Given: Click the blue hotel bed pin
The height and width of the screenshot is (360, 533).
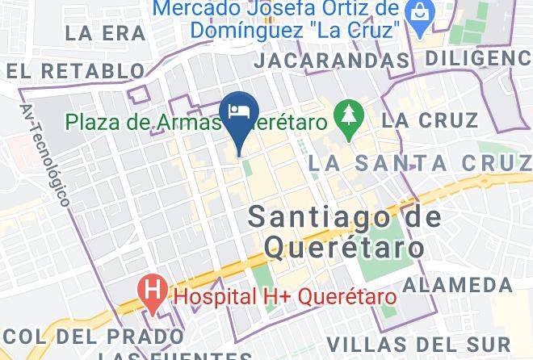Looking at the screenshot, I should pos(239,114).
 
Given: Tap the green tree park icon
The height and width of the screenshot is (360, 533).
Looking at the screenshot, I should pos(349,114).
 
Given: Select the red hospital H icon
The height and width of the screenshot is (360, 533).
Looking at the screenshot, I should pos(150,287).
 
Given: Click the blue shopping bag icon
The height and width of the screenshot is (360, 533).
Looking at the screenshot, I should pos(420,12).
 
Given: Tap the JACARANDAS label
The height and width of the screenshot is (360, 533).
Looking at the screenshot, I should pos(331,61).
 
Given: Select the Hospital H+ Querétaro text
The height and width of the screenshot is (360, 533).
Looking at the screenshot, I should pos(286,296).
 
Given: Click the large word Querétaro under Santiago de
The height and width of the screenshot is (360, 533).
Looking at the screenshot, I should pos(344,245).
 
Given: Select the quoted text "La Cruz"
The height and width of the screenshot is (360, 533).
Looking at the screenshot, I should pos(359,31).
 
